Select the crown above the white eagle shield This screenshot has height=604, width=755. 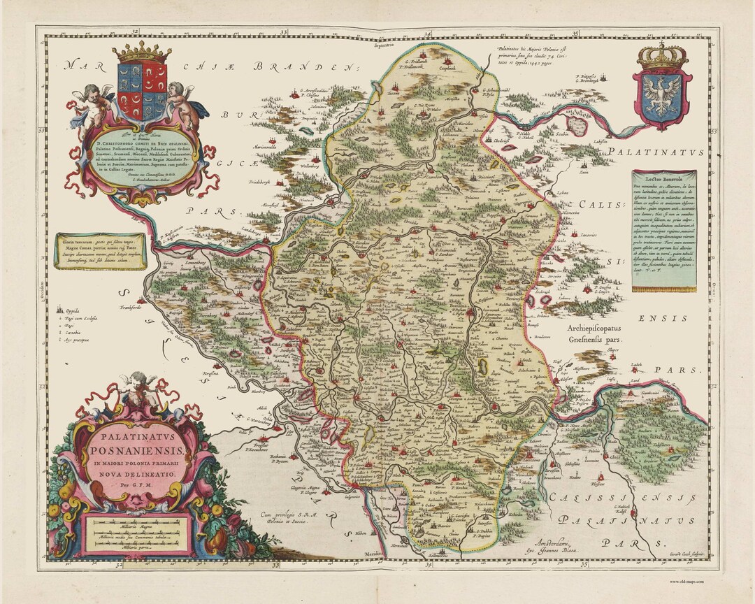click(661, 55)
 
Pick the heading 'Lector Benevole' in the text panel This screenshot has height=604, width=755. click(663, 178)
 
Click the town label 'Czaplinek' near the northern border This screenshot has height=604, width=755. click(447, 69)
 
